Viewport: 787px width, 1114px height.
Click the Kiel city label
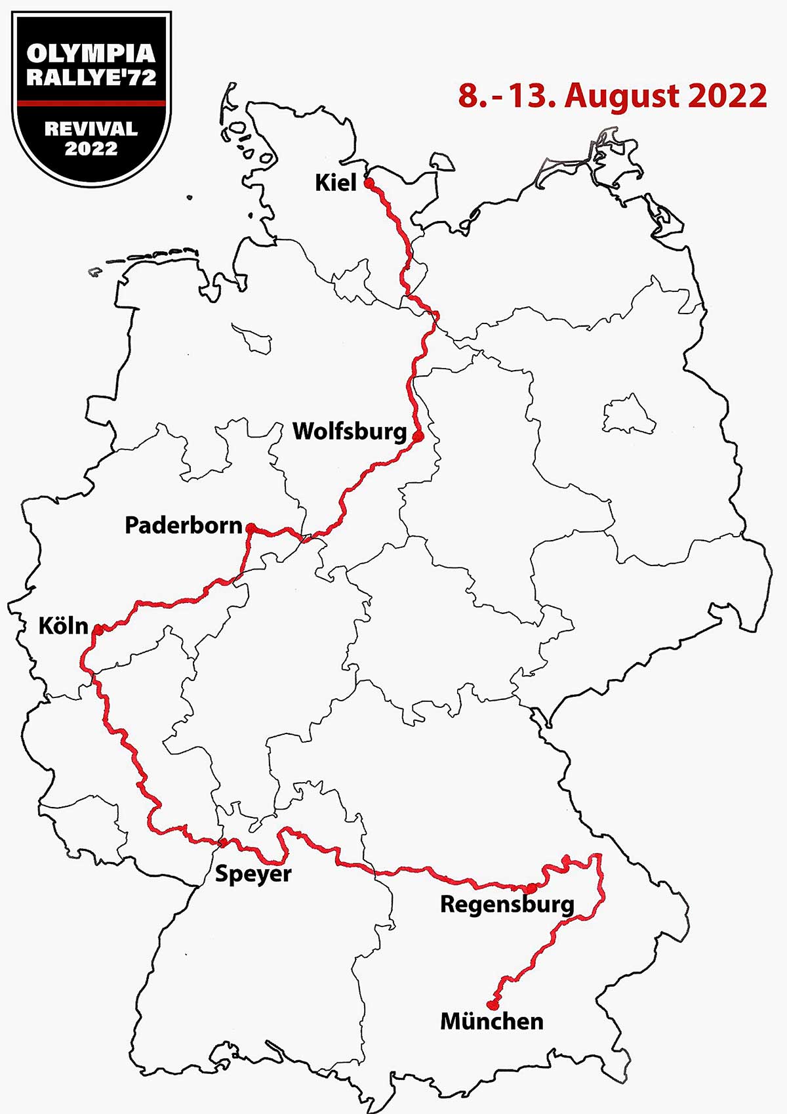click(336, 182)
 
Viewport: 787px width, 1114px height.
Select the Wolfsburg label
click(350, 431)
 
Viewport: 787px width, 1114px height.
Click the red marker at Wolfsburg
click(418, 434)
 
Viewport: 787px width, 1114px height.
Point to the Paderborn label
click(184, 526)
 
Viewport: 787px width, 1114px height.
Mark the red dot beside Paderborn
click(250, 527)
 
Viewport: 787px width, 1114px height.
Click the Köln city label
click(63, 625)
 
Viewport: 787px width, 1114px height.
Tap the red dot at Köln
click(98, 629)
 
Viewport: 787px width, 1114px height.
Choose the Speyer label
click(253, 873)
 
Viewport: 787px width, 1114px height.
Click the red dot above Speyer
click(224, 842)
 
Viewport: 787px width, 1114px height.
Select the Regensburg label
click(507, 904)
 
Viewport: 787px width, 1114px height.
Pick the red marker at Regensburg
click(531, 888)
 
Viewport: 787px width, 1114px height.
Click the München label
click(492, 1021)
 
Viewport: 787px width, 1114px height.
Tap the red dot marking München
click(491, 1004)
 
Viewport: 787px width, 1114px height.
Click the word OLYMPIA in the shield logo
click(91, 53)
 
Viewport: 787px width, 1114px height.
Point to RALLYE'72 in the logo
click(91, 77)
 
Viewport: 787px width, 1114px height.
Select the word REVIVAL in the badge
click(91, 128)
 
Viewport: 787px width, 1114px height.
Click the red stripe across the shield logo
click(91, 103)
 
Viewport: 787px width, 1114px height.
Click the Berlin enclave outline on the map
click(628, 416)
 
